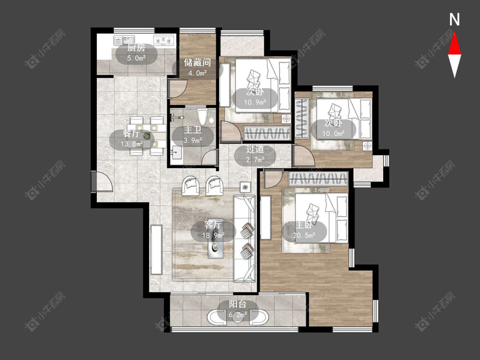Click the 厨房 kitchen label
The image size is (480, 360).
click(x=136, y=48)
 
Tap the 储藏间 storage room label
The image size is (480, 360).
click(x=197, y=63)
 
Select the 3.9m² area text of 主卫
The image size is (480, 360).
click(x=193, y=140)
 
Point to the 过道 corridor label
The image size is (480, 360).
click(x=255, y=149)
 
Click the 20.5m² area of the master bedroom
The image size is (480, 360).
click(x=304, y=235)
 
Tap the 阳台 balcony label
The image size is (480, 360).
click(x=238, y=304)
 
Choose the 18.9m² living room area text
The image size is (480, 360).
click(x=213, y=235)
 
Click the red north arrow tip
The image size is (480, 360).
click(x=454, y=32)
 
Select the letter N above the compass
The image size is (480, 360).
click(x=454, y=20)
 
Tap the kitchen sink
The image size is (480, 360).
click(x=124, y=40)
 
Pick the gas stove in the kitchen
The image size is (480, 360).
click(x=164, y=40)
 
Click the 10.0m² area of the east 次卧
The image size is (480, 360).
click(x=333, y=134)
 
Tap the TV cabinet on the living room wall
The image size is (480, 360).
click(x=156, y=250)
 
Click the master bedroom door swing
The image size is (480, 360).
click(x=273, y=180)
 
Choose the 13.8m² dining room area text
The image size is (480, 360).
click(x=132, y=144)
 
